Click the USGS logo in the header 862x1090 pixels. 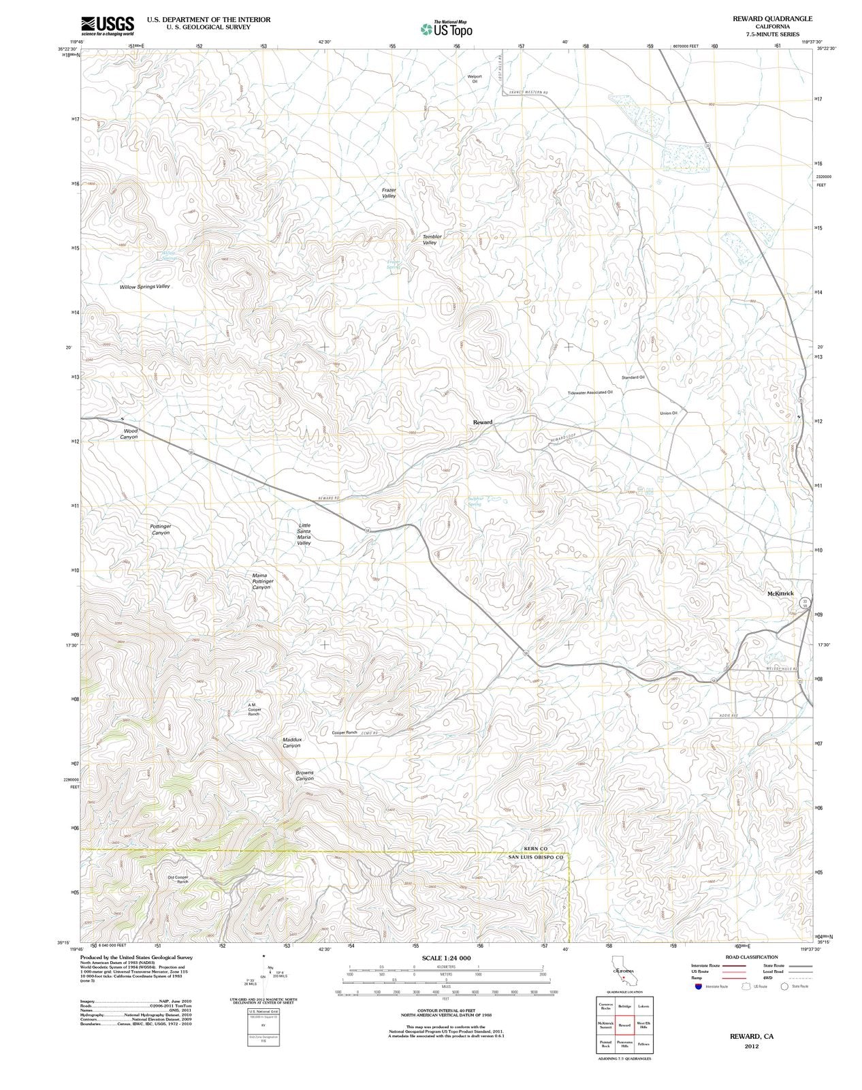(107, 25)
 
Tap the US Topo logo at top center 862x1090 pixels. (446, 28)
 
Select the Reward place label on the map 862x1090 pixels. (482, 422)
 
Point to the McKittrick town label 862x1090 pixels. (780, 593)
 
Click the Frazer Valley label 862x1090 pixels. (389, 193)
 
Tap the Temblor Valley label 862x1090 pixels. (432, 240)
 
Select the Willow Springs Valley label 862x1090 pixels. (144, 287)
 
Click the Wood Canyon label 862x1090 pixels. (129, 434)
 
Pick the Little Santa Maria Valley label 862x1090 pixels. (304, 534)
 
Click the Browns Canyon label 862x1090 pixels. (304, 775)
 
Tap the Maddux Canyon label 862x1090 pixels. (291, 742)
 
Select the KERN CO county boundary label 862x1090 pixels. (534, 848)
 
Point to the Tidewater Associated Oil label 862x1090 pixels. (590, 392)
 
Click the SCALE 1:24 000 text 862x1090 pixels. (446, 958)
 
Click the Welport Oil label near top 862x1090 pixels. (475, 79)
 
